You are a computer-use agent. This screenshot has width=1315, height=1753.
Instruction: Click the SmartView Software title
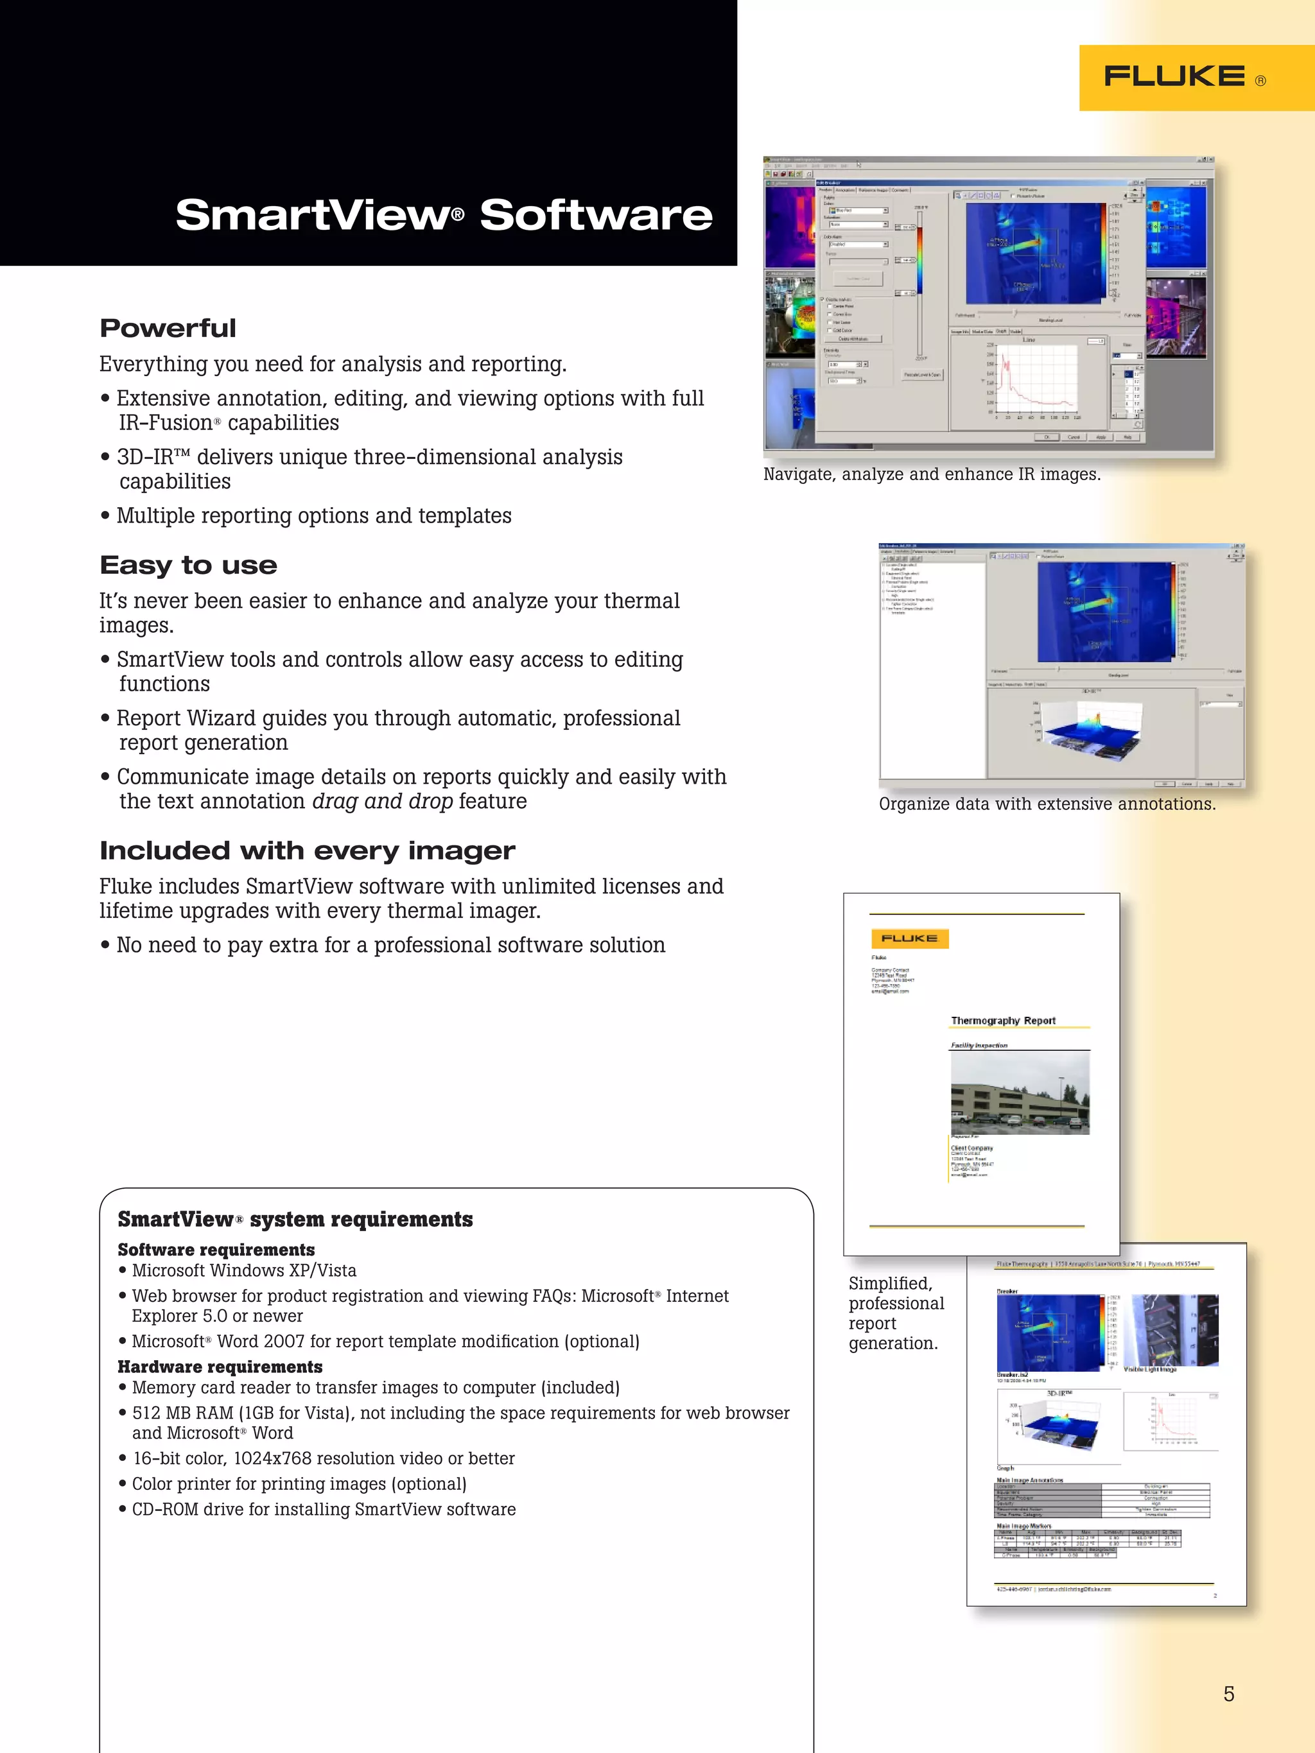click(x=443, y=215)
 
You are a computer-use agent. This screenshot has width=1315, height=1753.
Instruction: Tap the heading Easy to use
click(x=188, y=565)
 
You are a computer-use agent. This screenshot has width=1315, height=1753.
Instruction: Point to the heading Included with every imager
click(x=307, y=851)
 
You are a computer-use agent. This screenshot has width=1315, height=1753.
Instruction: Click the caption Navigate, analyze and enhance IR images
click(x=932, y=474)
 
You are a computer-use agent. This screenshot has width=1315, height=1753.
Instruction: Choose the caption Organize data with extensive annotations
click(x=1047, y=804)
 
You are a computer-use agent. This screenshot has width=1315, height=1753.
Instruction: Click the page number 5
click(x=1228, y=1693)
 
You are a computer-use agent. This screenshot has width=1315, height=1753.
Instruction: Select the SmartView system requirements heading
click(x=295, y=1219)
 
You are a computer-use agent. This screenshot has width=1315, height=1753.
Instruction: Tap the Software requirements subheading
click(x=216, y=1250)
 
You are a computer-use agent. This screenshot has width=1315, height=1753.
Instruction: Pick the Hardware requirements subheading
click(x=220, y=1367)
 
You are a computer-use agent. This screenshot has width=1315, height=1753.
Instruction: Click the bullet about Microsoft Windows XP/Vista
click(x=243, y=1270)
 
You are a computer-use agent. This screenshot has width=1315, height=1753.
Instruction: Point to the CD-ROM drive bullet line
click(x=324, y=1509)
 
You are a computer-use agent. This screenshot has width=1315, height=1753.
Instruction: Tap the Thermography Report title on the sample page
click(x=1003, y=1021)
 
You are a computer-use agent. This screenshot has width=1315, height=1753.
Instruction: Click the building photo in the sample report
click(x=1020, y=1094)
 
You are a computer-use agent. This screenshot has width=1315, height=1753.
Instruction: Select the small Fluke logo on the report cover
click(x=909, y=938)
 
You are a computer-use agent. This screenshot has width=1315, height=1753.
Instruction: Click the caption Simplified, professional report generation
click(x=896, y=1313)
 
